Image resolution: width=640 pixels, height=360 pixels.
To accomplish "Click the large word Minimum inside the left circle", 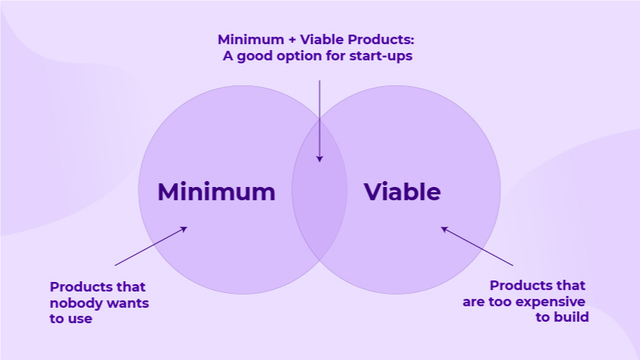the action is (216, 191).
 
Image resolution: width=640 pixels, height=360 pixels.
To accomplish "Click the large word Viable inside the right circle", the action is (402, 191).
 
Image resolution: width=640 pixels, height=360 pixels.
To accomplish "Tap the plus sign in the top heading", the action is (292, 40).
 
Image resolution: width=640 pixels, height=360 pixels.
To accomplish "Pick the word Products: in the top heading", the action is (381, 40).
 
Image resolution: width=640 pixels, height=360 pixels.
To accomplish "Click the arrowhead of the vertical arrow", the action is (319, 159).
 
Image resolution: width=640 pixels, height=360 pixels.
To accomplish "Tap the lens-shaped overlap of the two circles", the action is (319, 190).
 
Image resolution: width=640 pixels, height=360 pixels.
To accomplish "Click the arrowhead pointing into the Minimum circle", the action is (184, 229).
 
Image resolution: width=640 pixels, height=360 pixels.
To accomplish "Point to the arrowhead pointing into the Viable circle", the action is (444, 229).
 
